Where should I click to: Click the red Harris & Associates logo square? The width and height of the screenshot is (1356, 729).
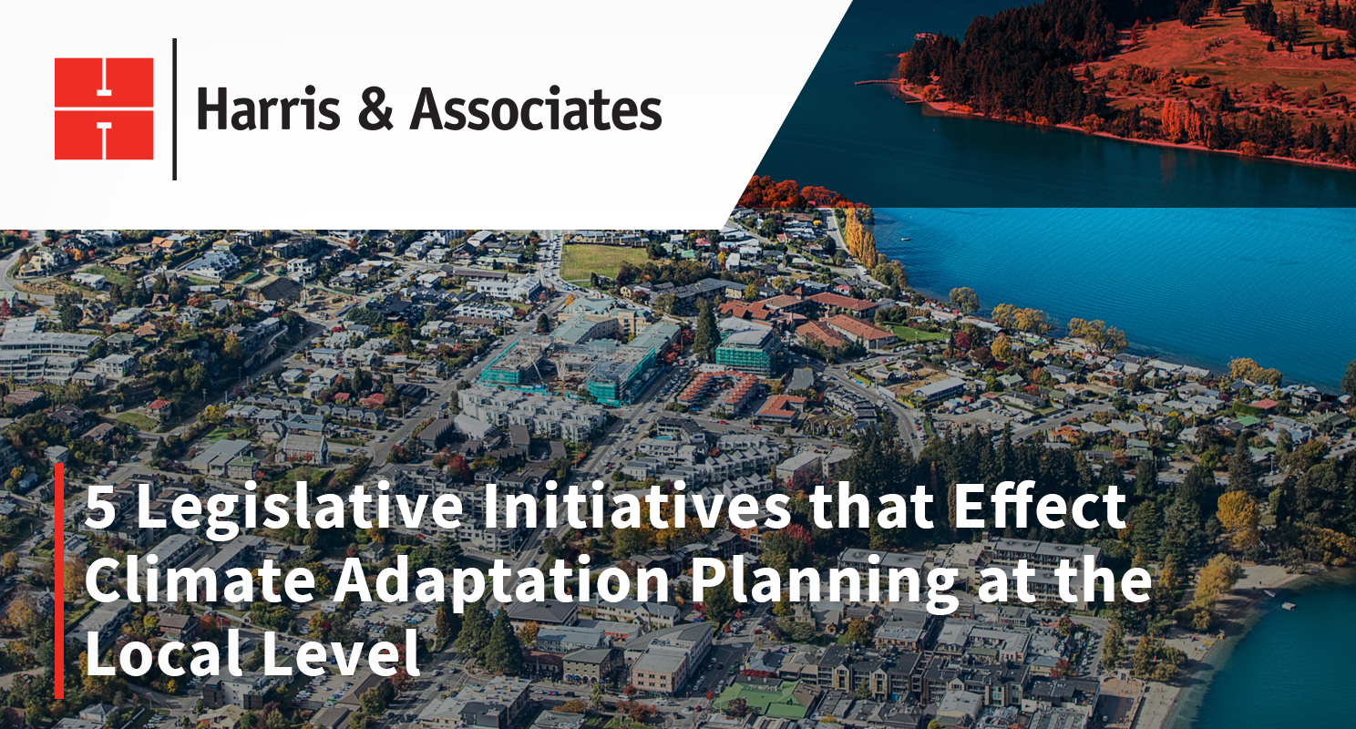click(x=104, y=108)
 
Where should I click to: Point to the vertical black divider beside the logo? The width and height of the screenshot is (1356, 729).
click(x=174, y=109)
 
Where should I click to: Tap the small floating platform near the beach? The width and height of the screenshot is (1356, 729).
click(x=1289, y=605)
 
